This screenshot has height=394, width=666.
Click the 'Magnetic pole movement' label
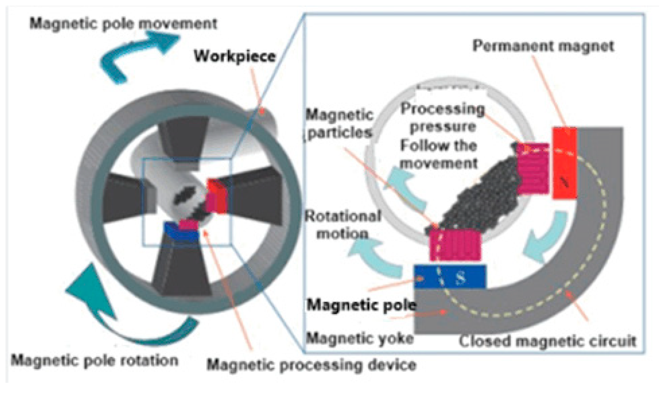(123, 24)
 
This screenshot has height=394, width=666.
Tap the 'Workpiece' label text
(235, 56)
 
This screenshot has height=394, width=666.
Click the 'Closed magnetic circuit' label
(547, 341)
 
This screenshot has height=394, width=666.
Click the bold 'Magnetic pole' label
(361, 305)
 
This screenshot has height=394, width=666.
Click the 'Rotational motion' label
(343, 225)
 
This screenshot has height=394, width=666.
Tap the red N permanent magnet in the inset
(564, 163)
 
